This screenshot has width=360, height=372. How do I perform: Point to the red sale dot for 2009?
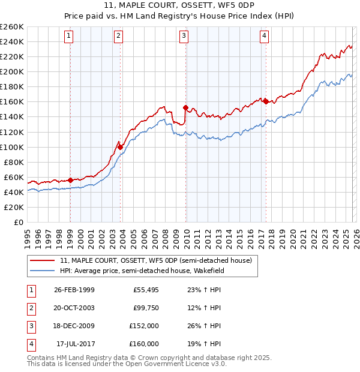(x=186, y=108)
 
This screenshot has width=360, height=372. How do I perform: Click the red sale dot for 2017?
(x=266, y=101)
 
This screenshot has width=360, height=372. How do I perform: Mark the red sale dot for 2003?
(x=121, y=147)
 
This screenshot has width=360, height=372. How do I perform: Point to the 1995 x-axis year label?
(x=28, y=234)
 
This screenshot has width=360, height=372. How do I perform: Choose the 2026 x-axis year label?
(x=355, y=234)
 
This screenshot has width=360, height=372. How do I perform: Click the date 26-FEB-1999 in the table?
(x=74, y=290)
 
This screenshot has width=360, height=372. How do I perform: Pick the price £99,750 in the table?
(x=146, y=308)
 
